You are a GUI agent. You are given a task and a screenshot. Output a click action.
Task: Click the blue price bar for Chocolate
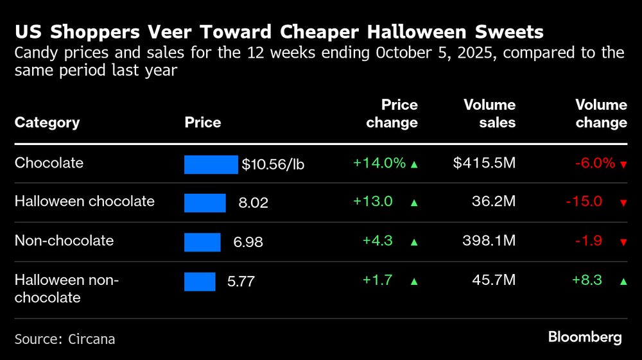(x=211, y=164)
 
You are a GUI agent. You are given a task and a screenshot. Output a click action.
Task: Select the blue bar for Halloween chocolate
(x=205, y=203)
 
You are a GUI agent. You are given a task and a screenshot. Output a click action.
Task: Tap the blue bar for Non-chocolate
(x=202, y=242)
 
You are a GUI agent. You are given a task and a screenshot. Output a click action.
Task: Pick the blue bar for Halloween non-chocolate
(x=200, y=281)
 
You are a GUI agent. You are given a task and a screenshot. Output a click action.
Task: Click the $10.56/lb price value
(x=273, y=164)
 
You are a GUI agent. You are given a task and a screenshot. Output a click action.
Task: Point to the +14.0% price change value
(x=379, y=163)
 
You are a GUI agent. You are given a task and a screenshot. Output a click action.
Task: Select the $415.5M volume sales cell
(x=484, y=163)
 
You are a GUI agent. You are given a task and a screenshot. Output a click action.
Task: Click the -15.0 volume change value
(x=584, y=201)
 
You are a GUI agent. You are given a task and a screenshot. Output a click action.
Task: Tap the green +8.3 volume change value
(x=587, y=280)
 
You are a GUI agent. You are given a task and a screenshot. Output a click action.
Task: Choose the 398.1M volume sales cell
(x=489, y=241)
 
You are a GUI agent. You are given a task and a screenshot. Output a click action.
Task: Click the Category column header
(x=47, y=123)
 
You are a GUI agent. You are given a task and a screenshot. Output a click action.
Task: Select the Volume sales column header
(x=490, y=114)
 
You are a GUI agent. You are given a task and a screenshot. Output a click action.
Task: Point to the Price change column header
(x=392, y=114)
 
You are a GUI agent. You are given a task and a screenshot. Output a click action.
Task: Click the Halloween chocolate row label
(x=84, y=201)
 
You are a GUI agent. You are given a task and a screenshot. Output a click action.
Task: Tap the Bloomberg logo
(x=584, y=337)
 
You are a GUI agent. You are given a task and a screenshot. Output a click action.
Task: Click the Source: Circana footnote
(x=65, y=339)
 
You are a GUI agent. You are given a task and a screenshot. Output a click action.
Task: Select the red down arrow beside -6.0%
(x=623, y=164)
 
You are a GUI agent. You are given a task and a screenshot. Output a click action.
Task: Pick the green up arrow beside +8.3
(x=623, y=281)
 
